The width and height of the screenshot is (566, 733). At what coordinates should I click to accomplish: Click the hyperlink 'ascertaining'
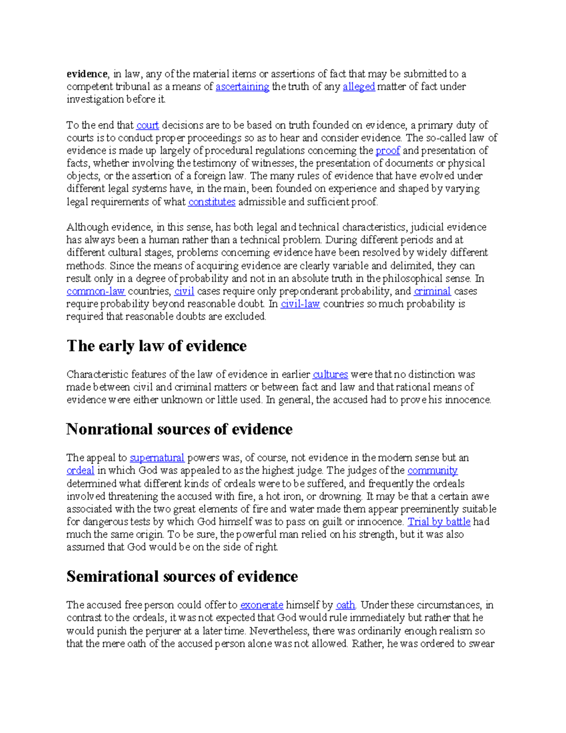tap(242, 87)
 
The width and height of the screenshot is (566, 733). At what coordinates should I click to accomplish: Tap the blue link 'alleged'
tap(358, 87)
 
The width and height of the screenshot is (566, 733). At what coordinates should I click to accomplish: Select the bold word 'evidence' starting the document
tap(87, 74)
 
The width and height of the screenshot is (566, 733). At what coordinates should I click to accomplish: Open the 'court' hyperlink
tap(148, 126)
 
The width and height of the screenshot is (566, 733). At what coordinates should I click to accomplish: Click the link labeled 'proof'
tap(388, 151)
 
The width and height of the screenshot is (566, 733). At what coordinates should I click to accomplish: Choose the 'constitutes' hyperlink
tap(212, 202)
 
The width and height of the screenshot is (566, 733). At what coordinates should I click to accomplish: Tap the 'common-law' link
tap(96, 291)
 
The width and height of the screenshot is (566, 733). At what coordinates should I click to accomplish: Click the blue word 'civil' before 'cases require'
tap(184, 291)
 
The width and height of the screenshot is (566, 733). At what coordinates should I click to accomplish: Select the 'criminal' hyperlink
tap(432, 291)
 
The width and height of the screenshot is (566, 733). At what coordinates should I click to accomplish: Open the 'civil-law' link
tap(300, 304)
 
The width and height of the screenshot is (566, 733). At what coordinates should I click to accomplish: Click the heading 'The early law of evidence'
tap(157, 346)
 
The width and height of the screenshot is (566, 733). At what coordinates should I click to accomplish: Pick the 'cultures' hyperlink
tap(330, 375)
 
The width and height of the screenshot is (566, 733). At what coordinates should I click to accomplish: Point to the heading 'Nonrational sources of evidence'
tap(179, 429)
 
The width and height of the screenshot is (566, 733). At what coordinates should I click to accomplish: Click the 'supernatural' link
tap(157, 458)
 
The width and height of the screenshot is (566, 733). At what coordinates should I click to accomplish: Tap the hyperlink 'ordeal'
tap(80, 471)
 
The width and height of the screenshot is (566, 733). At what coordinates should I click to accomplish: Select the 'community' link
tap(432, 471)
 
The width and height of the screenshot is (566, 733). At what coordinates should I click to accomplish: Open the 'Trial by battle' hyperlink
tap(439, 522)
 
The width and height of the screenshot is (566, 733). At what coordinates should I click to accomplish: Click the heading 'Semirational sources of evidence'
tap(182, 576)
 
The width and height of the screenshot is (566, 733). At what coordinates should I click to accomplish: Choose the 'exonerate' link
tap(262, 605)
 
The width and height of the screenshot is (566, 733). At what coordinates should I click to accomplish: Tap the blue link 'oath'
tap(345, 605)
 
